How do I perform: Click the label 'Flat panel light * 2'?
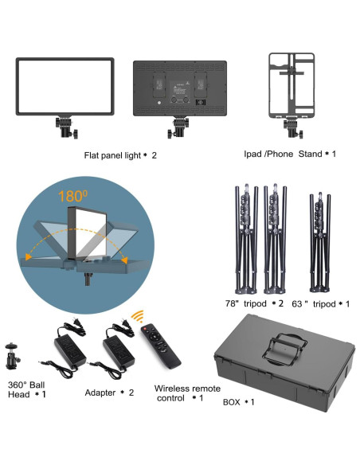point(119,155)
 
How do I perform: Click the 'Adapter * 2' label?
point(110,393)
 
